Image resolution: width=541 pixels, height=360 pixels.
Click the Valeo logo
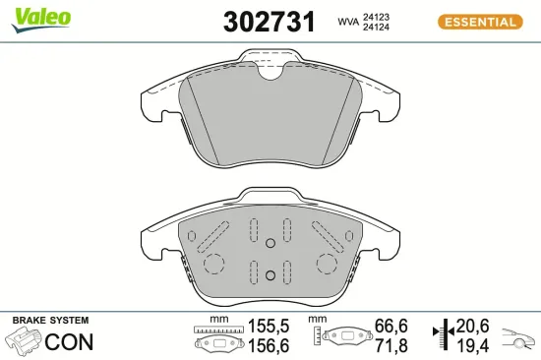(x=39, y=16)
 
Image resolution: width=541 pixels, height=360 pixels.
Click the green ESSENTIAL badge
(x=479, y=21)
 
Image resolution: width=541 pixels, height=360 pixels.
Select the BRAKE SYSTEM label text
(x=49, y=321)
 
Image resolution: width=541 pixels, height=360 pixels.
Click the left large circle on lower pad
(x=213, y=263)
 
